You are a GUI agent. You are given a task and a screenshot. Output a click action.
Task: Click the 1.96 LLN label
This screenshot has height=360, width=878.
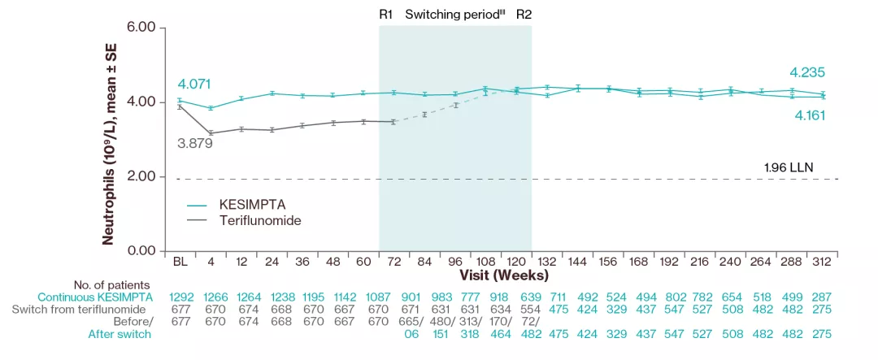pos(789,168)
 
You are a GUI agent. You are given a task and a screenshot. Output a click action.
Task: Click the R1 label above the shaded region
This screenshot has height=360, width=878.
pos(386,14)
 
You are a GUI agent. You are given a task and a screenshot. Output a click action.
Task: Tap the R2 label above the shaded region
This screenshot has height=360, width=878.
pos(524,14)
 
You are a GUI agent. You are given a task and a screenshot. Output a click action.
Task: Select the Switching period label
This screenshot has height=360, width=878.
pos(453,14)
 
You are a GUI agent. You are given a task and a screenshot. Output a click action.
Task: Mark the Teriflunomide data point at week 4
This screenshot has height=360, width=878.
pos(211,132)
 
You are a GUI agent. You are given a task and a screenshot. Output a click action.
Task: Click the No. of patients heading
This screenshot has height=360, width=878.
pos(112,284)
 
